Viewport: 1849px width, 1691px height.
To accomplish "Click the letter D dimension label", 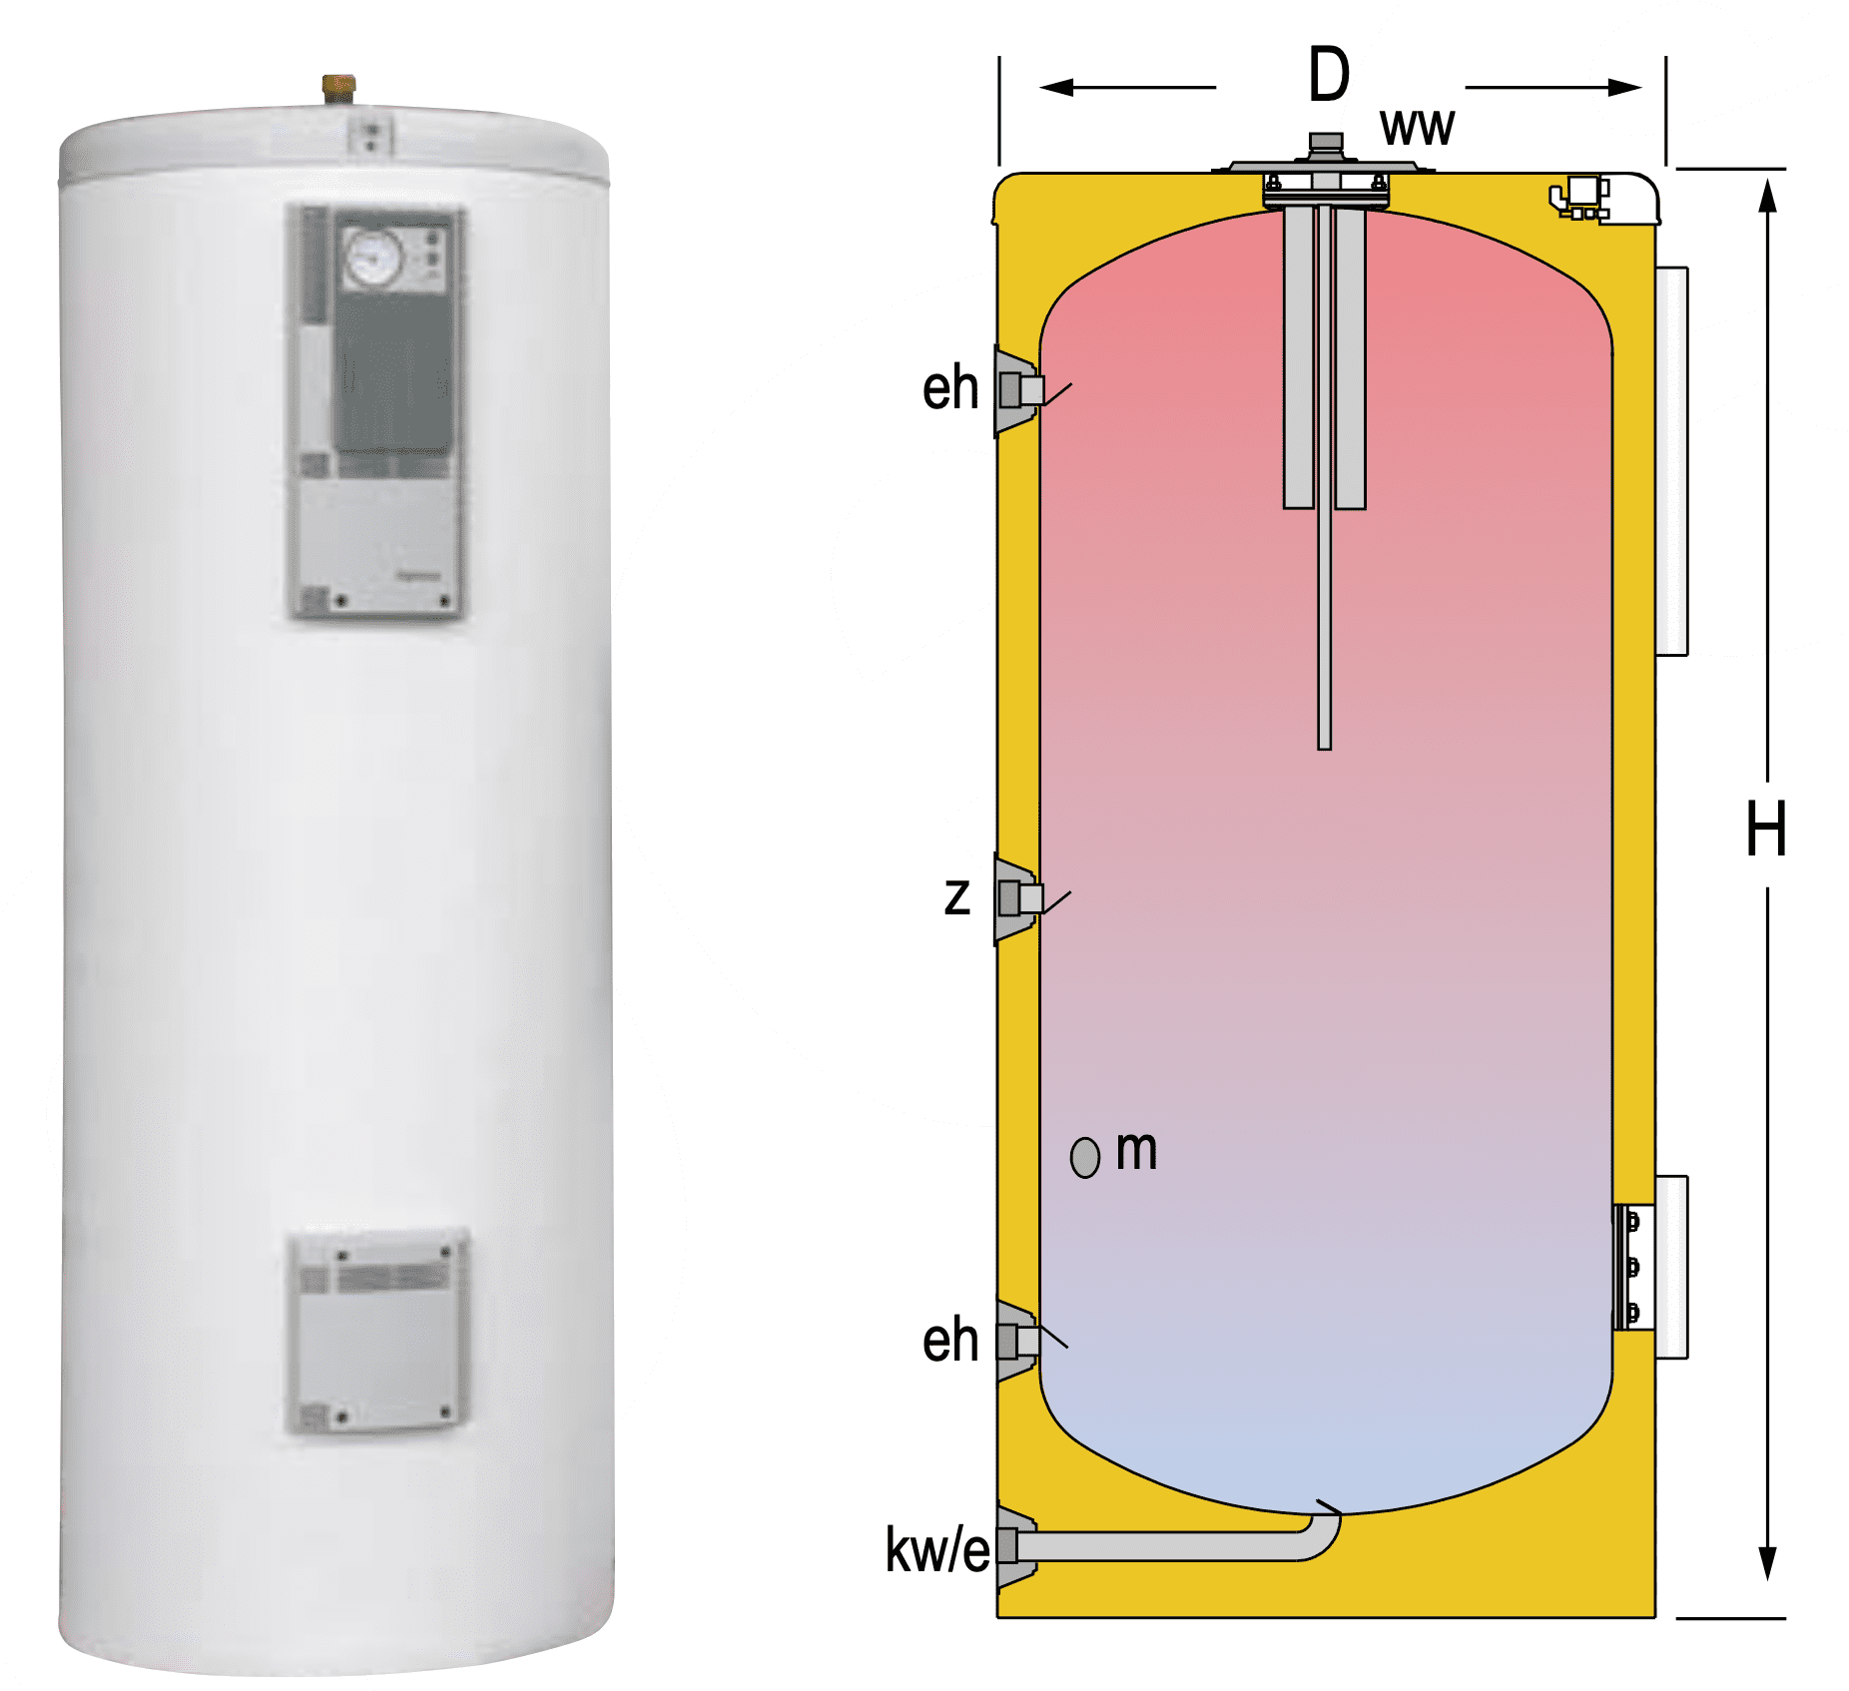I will [x=1328, y=75].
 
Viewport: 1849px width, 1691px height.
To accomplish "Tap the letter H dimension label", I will [x=1765, y=829].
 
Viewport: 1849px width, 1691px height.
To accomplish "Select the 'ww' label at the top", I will [x=1417, y=128].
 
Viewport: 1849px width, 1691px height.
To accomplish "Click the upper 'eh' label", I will [x=949, y=388].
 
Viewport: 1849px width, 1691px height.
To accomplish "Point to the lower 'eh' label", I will [x=949, y=1340].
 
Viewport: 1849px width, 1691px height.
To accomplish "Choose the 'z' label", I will [x=956, y=895].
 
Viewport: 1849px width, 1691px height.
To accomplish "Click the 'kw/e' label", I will [x=936, y=1550].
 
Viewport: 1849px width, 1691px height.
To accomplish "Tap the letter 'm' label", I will [x=1136, y=1150].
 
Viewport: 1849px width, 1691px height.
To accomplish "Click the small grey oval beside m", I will [x=1084, y=1158].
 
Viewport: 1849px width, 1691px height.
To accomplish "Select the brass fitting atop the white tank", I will [x=338, y=88].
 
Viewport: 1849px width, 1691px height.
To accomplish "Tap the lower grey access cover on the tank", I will [x=377, y=1333].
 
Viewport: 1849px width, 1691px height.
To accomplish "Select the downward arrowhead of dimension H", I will [x=1767, y=1562].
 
